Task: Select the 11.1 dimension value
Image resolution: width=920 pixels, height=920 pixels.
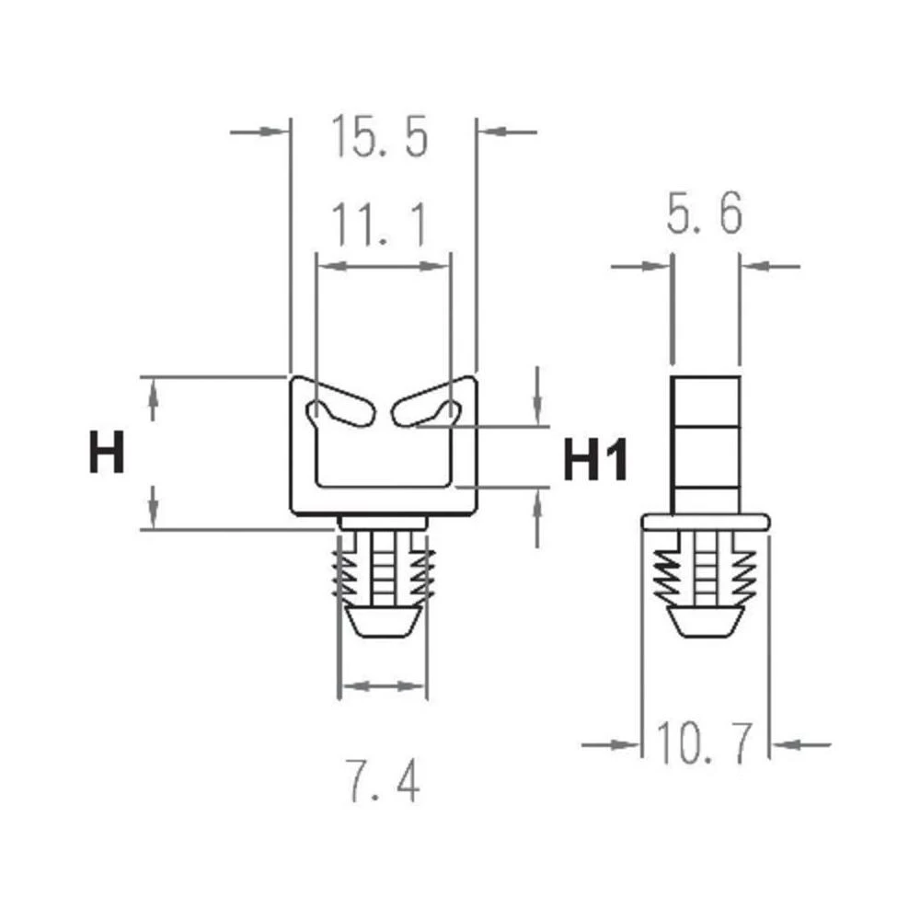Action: pyautogui.click(x=378, y=225)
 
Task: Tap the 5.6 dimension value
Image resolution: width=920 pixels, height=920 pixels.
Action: pyautogui.click(x=703, y=216)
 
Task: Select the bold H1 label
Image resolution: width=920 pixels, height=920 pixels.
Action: pyautogui.click(x=595, y=460)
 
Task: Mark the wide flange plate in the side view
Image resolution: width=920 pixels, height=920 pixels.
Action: pyautogui.click(x=705, y=522)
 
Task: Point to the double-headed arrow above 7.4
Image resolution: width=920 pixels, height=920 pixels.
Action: pyautogui.click(x=383, y=685)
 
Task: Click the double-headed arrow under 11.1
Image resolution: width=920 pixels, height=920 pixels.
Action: pyautogui.click(x=384, y=266)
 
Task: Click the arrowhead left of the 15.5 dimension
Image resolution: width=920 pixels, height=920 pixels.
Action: pyautogui.click(x=272, y=132)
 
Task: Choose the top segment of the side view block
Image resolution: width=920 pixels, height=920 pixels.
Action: pyautogui.click(x=706, y=399)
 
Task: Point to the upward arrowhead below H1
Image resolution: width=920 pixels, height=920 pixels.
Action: pyautogui.click(x=537, y=501)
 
